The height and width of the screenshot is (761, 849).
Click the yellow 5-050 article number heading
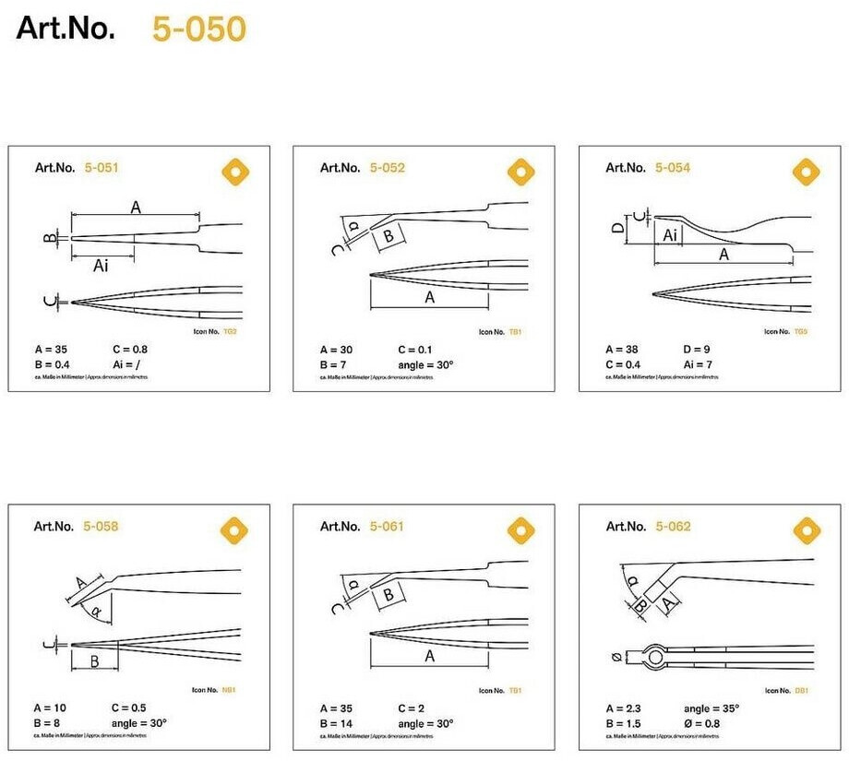[x=199, y=30]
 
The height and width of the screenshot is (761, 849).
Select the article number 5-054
[x=673, y=168]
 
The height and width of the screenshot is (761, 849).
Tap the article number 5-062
[x=673, y=527]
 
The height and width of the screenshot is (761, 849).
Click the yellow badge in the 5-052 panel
[x=521, y=172]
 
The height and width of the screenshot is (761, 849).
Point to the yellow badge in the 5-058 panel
[x=236, y=530]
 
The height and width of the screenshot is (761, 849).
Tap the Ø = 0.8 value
[x=703, y=723]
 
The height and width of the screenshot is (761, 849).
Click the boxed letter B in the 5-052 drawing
[x=389, y=236]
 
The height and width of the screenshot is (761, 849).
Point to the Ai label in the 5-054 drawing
[x=672, y=235]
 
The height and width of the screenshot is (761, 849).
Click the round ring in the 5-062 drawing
[x=655, y=658]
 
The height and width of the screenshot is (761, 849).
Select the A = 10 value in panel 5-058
[x=51, y=708]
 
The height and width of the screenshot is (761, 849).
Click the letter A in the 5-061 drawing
[x=429, y=656]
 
